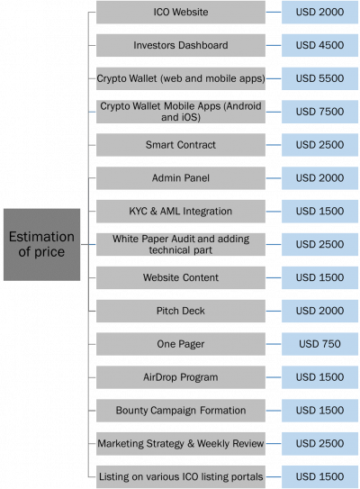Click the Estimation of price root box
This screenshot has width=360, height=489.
pyautogui.click(x=41, y=245)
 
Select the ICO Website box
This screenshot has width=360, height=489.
pyautogui.click(x=181, y=13)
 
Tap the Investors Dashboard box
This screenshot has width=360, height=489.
pyautogui.click(x=181, y=45)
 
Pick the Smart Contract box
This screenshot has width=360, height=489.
pyautogui.click(x=181, y=145)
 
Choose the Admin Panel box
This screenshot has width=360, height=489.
pyautogui.click(x=181, y=178)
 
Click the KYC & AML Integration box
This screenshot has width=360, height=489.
pyautogui.click(x=181, y=212)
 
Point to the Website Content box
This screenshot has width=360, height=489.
pyautogui.click(x=181, y=277)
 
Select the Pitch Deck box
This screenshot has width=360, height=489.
pyautogui.click(x=181, y=311)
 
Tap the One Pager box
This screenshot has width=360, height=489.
pyautogui.click(x=181, y=344)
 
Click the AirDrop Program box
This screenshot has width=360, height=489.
pyautogui.click(x=181, y=377)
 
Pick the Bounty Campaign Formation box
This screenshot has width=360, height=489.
pyautogui.click(x=181, y=411)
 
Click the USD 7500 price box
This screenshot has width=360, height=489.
pyautogui.click(x=319, y=112)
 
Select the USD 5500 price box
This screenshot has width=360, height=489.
pyautogui.click(x=319, y=78)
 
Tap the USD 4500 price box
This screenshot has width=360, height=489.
pyautogui.click(x=319, y=45)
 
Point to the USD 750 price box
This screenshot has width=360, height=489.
pyautogui.click(x=319, y=344)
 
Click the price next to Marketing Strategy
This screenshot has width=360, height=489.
pyautogui.click(x=319, y=443)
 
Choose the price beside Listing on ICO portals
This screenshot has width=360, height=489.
pyautogui.click(x=319, y=476)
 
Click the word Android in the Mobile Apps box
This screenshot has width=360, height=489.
pyautogui.click(x=244, y=106)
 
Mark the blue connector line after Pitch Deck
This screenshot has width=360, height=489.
pyautogui.click(x=274, y=311)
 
